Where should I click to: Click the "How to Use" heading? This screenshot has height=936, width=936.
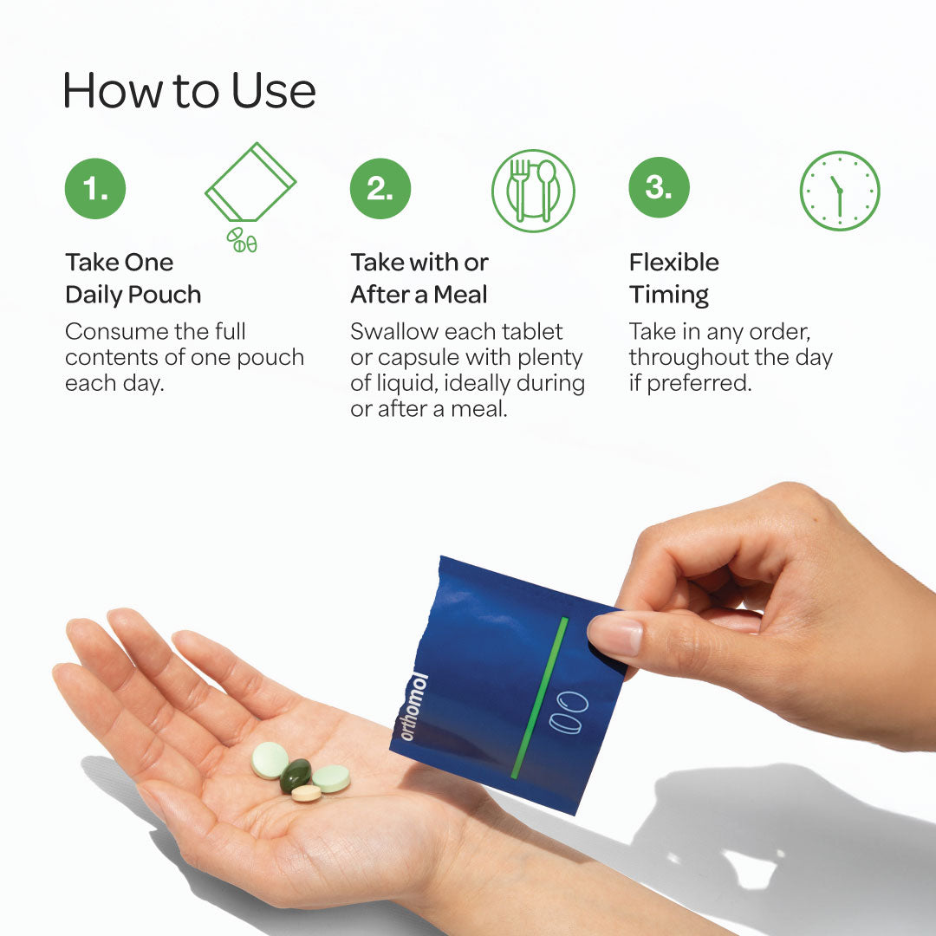coord(189,90)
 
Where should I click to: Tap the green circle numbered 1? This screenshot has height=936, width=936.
coord(95,188)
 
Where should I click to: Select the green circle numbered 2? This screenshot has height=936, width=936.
coord(380,188)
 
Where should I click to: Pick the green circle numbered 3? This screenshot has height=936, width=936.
coord(659,187)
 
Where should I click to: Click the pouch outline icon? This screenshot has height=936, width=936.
coord(250,182)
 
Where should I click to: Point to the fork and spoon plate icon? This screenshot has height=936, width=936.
coord(533,191)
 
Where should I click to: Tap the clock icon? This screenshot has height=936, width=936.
coord(839,191)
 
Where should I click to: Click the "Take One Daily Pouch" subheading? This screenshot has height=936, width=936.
coord(133,278)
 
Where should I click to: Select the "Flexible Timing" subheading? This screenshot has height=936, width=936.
coord(674,278)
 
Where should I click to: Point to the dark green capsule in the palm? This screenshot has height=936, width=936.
coord(296,774)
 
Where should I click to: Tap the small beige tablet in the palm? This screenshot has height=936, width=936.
coord(306,792)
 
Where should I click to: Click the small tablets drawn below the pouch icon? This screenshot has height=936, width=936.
coord(242,240)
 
